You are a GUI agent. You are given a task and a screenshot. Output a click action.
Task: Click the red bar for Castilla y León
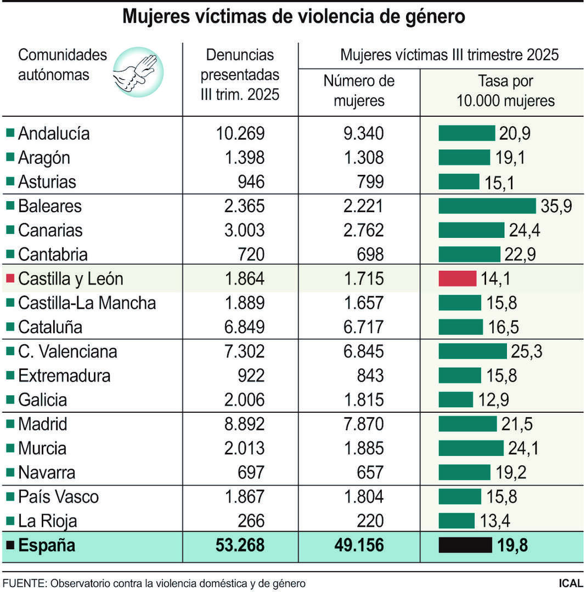coord(457,278)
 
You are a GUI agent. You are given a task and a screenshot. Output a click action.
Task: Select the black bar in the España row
coord(465,545)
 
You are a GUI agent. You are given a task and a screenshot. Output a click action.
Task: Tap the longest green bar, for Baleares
coord(487,206)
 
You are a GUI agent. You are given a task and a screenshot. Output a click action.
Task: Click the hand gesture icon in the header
coord(137,72)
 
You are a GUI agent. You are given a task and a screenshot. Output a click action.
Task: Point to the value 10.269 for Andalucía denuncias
coord(241,133)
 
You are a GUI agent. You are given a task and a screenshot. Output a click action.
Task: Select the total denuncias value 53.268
coord(238,545)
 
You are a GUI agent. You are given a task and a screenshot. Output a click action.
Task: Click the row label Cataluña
coord(50,327)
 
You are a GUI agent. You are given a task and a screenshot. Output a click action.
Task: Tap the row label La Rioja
coord(47,521)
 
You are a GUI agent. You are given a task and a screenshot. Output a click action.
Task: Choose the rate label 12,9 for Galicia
coord(493,400)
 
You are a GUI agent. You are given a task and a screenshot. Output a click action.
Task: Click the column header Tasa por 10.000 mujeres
coord(505,91)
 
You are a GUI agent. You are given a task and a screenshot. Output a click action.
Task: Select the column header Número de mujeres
coord(359,91)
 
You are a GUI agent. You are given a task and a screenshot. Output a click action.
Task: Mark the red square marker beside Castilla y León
coord(10,278)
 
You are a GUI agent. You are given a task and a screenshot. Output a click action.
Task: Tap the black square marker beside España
coord(10,545)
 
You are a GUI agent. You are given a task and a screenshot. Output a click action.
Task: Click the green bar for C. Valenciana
coord(472,351)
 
